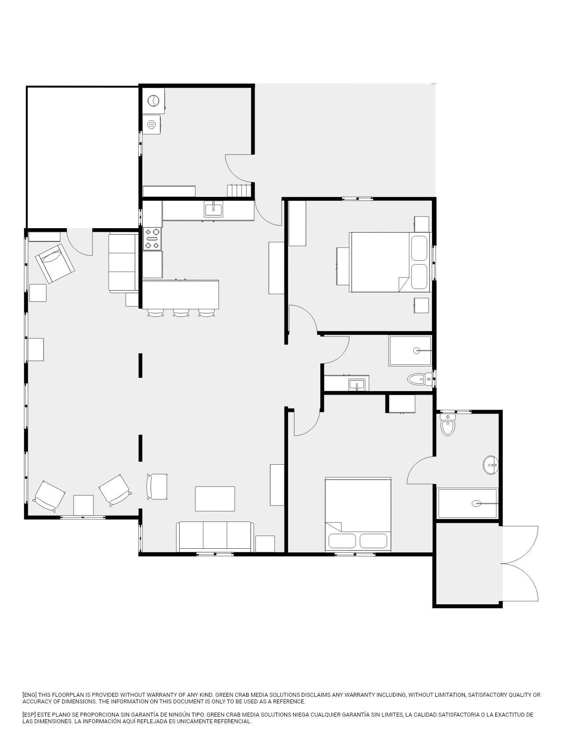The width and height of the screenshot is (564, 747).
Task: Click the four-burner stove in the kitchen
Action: click(x=152, y=239)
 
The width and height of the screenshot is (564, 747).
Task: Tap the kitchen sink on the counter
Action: click(x=213, y=209)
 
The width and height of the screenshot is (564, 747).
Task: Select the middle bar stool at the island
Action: click(x=181, y=313)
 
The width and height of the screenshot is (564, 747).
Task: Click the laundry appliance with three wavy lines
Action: click(x=152, y=125)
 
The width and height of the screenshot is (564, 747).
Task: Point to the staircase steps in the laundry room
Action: click(x=239, y=191)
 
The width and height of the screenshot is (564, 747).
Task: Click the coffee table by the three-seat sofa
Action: click(x=215, y=499)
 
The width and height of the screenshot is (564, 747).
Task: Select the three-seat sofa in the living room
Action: click(x=215, y=536)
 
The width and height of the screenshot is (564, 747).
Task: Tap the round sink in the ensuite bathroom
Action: click(x=491, y=465)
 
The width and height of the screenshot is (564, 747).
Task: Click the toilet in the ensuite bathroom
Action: click(x=448, y=424)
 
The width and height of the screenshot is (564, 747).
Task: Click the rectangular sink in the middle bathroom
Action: click(x=356, y=385)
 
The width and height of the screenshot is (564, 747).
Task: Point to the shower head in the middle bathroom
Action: click(x=416, y=351)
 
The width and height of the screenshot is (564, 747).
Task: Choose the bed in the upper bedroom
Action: click(x=390, y=262)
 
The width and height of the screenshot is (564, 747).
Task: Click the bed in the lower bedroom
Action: click(x=358, y=514)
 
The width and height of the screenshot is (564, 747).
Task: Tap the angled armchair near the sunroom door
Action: click(x=55, y=263)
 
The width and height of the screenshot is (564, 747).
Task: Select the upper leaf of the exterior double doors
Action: click(x=520, y=544)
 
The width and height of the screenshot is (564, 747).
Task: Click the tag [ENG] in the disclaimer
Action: click(x=30, y=695)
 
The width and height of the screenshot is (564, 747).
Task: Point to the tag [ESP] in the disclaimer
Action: click(x=30, y=714)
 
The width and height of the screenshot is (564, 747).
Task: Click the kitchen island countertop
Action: click(x=181, y=295)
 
